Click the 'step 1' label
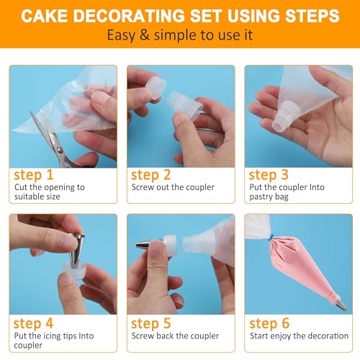[35, 174]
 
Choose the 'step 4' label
[35, 323]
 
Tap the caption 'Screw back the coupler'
[173, 336]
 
